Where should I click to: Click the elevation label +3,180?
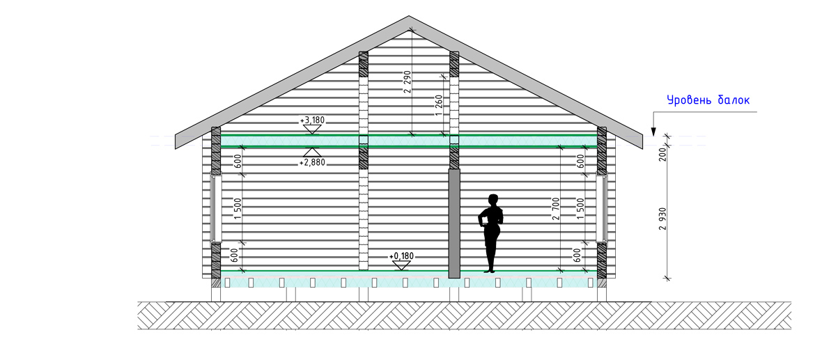(x=313, y=120)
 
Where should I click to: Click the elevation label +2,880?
(x=313, y=162)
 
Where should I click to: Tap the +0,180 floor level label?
(x=401, y=256)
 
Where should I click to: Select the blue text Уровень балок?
(x=708, y=100)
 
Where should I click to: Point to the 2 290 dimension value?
(x=408, y=82)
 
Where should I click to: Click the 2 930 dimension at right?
(x=662, y=219)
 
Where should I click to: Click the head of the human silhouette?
(x=493, y=200)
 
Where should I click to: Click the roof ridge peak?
(x=409, y=16)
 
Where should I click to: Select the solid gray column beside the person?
(x=454, y=223)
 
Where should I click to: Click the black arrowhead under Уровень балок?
(x=653, y=132)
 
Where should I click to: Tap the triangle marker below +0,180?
(x=401, y=265)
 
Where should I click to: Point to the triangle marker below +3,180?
(x=313, y=130)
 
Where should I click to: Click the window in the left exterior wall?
(x=213, y=207)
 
